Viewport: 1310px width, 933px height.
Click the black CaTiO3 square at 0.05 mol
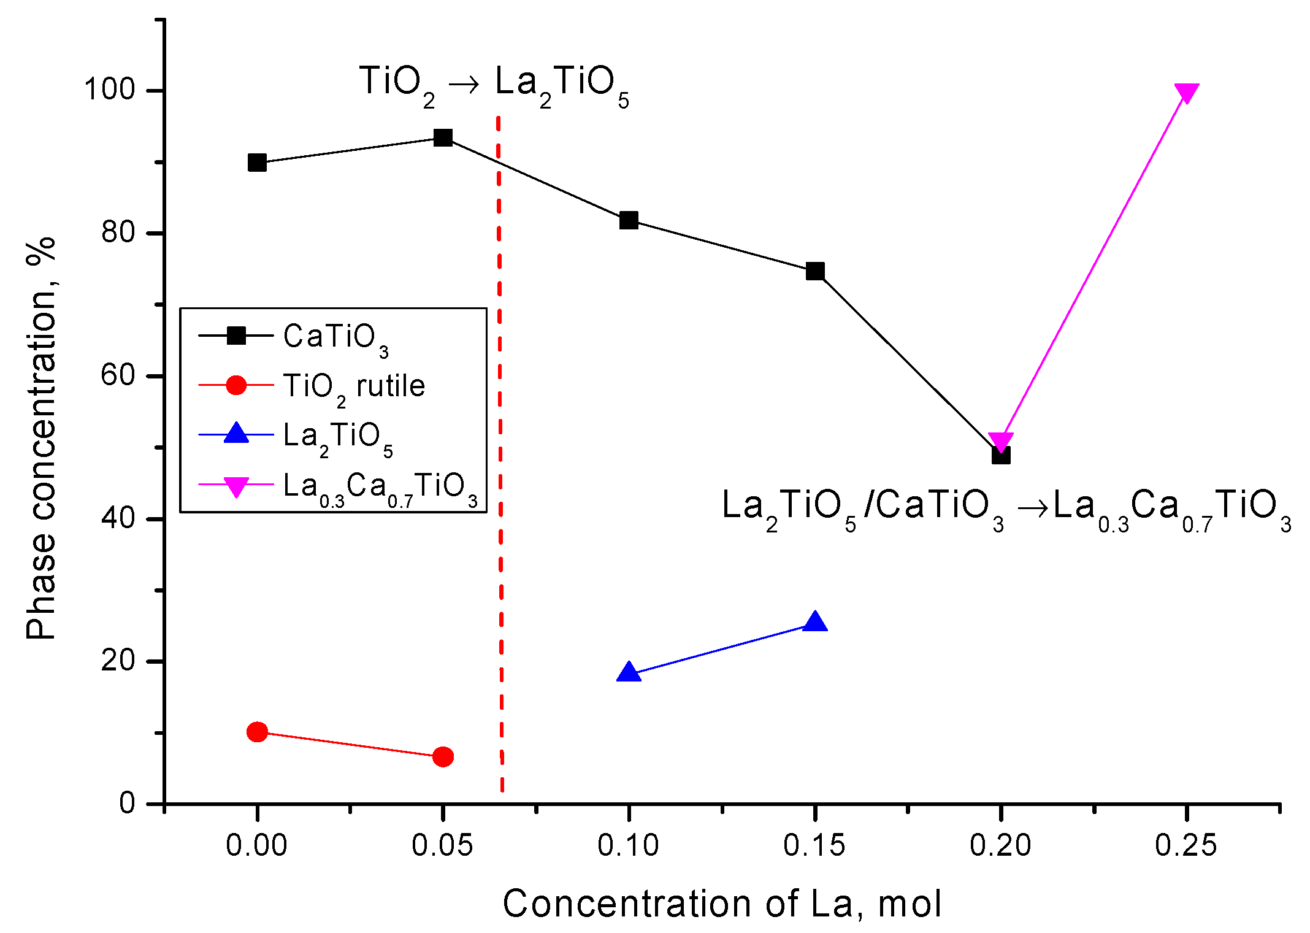pyautogui.click(x=443, y=137)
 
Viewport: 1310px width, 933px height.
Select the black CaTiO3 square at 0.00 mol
pyautogui.click(x=257, y=163)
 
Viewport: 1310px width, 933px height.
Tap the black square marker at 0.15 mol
pyautogui.click(x=815, y=271)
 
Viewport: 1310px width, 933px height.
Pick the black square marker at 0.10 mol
pyautogui.click(x=629, y=220)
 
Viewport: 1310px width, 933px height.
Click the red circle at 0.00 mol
pyautogui.click(x=257, y=732)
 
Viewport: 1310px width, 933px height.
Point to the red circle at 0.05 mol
pyautogui.click(x=443, y=757)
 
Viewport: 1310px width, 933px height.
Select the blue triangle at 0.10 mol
pyautogui.click(x=629, y=673)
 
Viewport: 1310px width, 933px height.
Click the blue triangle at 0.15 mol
pyautogui.click(x=815, y=622)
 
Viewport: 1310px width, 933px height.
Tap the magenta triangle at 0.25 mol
pyautogui.click(x=1187, y=93)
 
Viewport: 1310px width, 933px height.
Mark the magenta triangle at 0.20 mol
pyautogui.click(x=1001, y=441)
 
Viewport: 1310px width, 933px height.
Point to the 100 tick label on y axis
pyautogui.click(x=109, y=90)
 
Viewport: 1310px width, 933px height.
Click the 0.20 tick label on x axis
pyautogui.click(x=1000, y=845)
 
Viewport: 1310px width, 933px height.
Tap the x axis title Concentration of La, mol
pyautogui.click(x=722, y=904)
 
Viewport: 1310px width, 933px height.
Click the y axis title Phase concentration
pyautogui.click(x=41, y=439)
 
